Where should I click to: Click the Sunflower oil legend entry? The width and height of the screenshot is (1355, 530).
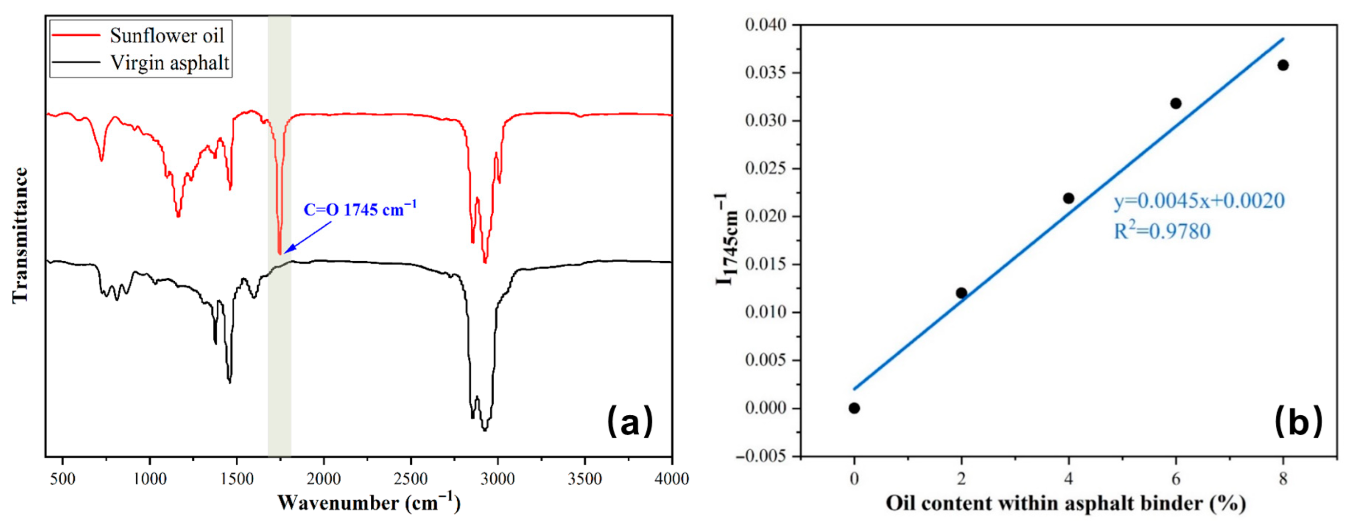(x=167, y=36)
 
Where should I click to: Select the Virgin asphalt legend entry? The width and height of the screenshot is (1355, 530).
(x=169, y=63)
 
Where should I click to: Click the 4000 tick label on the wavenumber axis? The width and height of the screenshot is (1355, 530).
(x=671, y=479)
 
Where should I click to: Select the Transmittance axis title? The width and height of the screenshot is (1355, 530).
(x=20, y=235)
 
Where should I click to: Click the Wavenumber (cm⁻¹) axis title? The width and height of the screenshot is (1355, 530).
(x=369, y=503)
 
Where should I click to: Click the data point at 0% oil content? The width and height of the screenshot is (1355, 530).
(x=854, y=408)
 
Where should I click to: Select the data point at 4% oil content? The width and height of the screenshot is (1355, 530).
(x=1068, y=198)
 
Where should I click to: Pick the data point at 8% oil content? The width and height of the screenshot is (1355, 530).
(x=1283, y=65)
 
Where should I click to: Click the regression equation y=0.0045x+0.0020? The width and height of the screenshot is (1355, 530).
(x=1199, y=201)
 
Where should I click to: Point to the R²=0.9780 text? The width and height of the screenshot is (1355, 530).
(x=1162, y=231)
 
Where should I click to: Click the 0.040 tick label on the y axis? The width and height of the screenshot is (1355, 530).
(x=766, y=25)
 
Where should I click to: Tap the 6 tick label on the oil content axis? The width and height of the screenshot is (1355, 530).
(x=1176, y=479)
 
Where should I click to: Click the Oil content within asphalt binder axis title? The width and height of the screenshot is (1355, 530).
(x=1066, y=503)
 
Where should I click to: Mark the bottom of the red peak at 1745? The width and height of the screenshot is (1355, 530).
(x=279, y=253)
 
